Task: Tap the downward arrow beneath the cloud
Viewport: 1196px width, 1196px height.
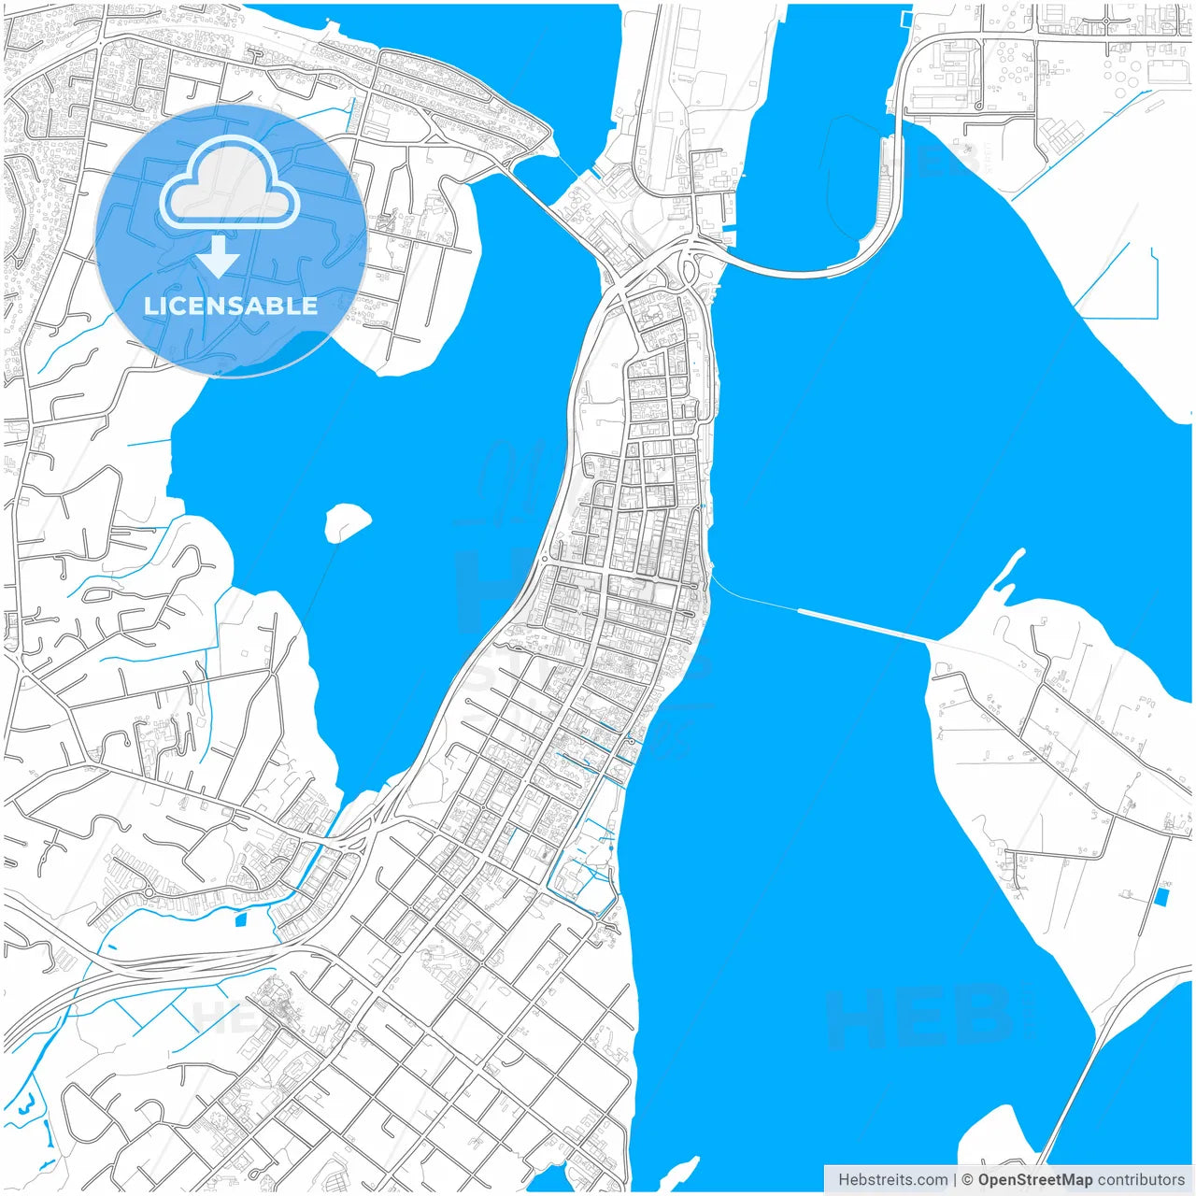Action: pos(219,257)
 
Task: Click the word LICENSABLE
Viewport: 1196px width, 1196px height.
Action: pos(231,306)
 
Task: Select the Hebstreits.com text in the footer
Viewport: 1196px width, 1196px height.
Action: pos(892,1179)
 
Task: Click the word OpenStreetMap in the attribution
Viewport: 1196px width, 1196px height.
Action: pos(1034,1179)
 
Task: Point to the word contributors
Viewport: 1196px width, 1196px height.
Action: pos(1141,1179)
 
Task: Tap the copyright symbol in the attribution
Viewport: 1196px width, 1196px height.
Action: pos(967,1179)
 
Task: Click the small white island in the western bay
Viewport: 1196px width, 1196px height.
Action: pos(347,521)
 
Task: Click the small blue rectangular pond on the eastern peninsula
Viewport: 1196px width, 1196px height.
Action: pos(1161,897)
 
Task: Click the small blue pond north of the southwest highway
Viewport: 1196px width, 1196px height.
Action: pos(240,920)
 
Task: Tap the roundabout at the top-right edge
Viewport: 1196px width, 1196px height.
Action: pos(1106,20)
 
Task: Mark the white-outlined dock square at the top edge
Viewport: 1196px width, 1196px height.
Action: pos(904,18)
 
